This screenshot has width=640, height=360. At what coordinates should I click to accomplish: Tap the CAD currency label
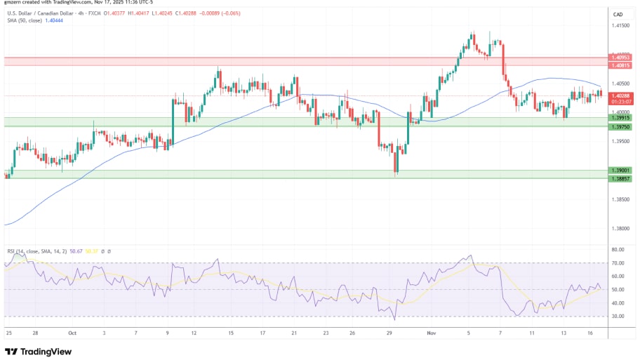[x=618, y=15]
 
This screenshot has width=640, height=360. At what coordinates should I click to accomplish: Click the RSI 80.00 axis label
[x=618, y=250]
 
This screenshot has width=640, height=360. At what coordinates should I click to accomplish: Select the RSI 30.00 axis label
[x=618, y=316]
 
